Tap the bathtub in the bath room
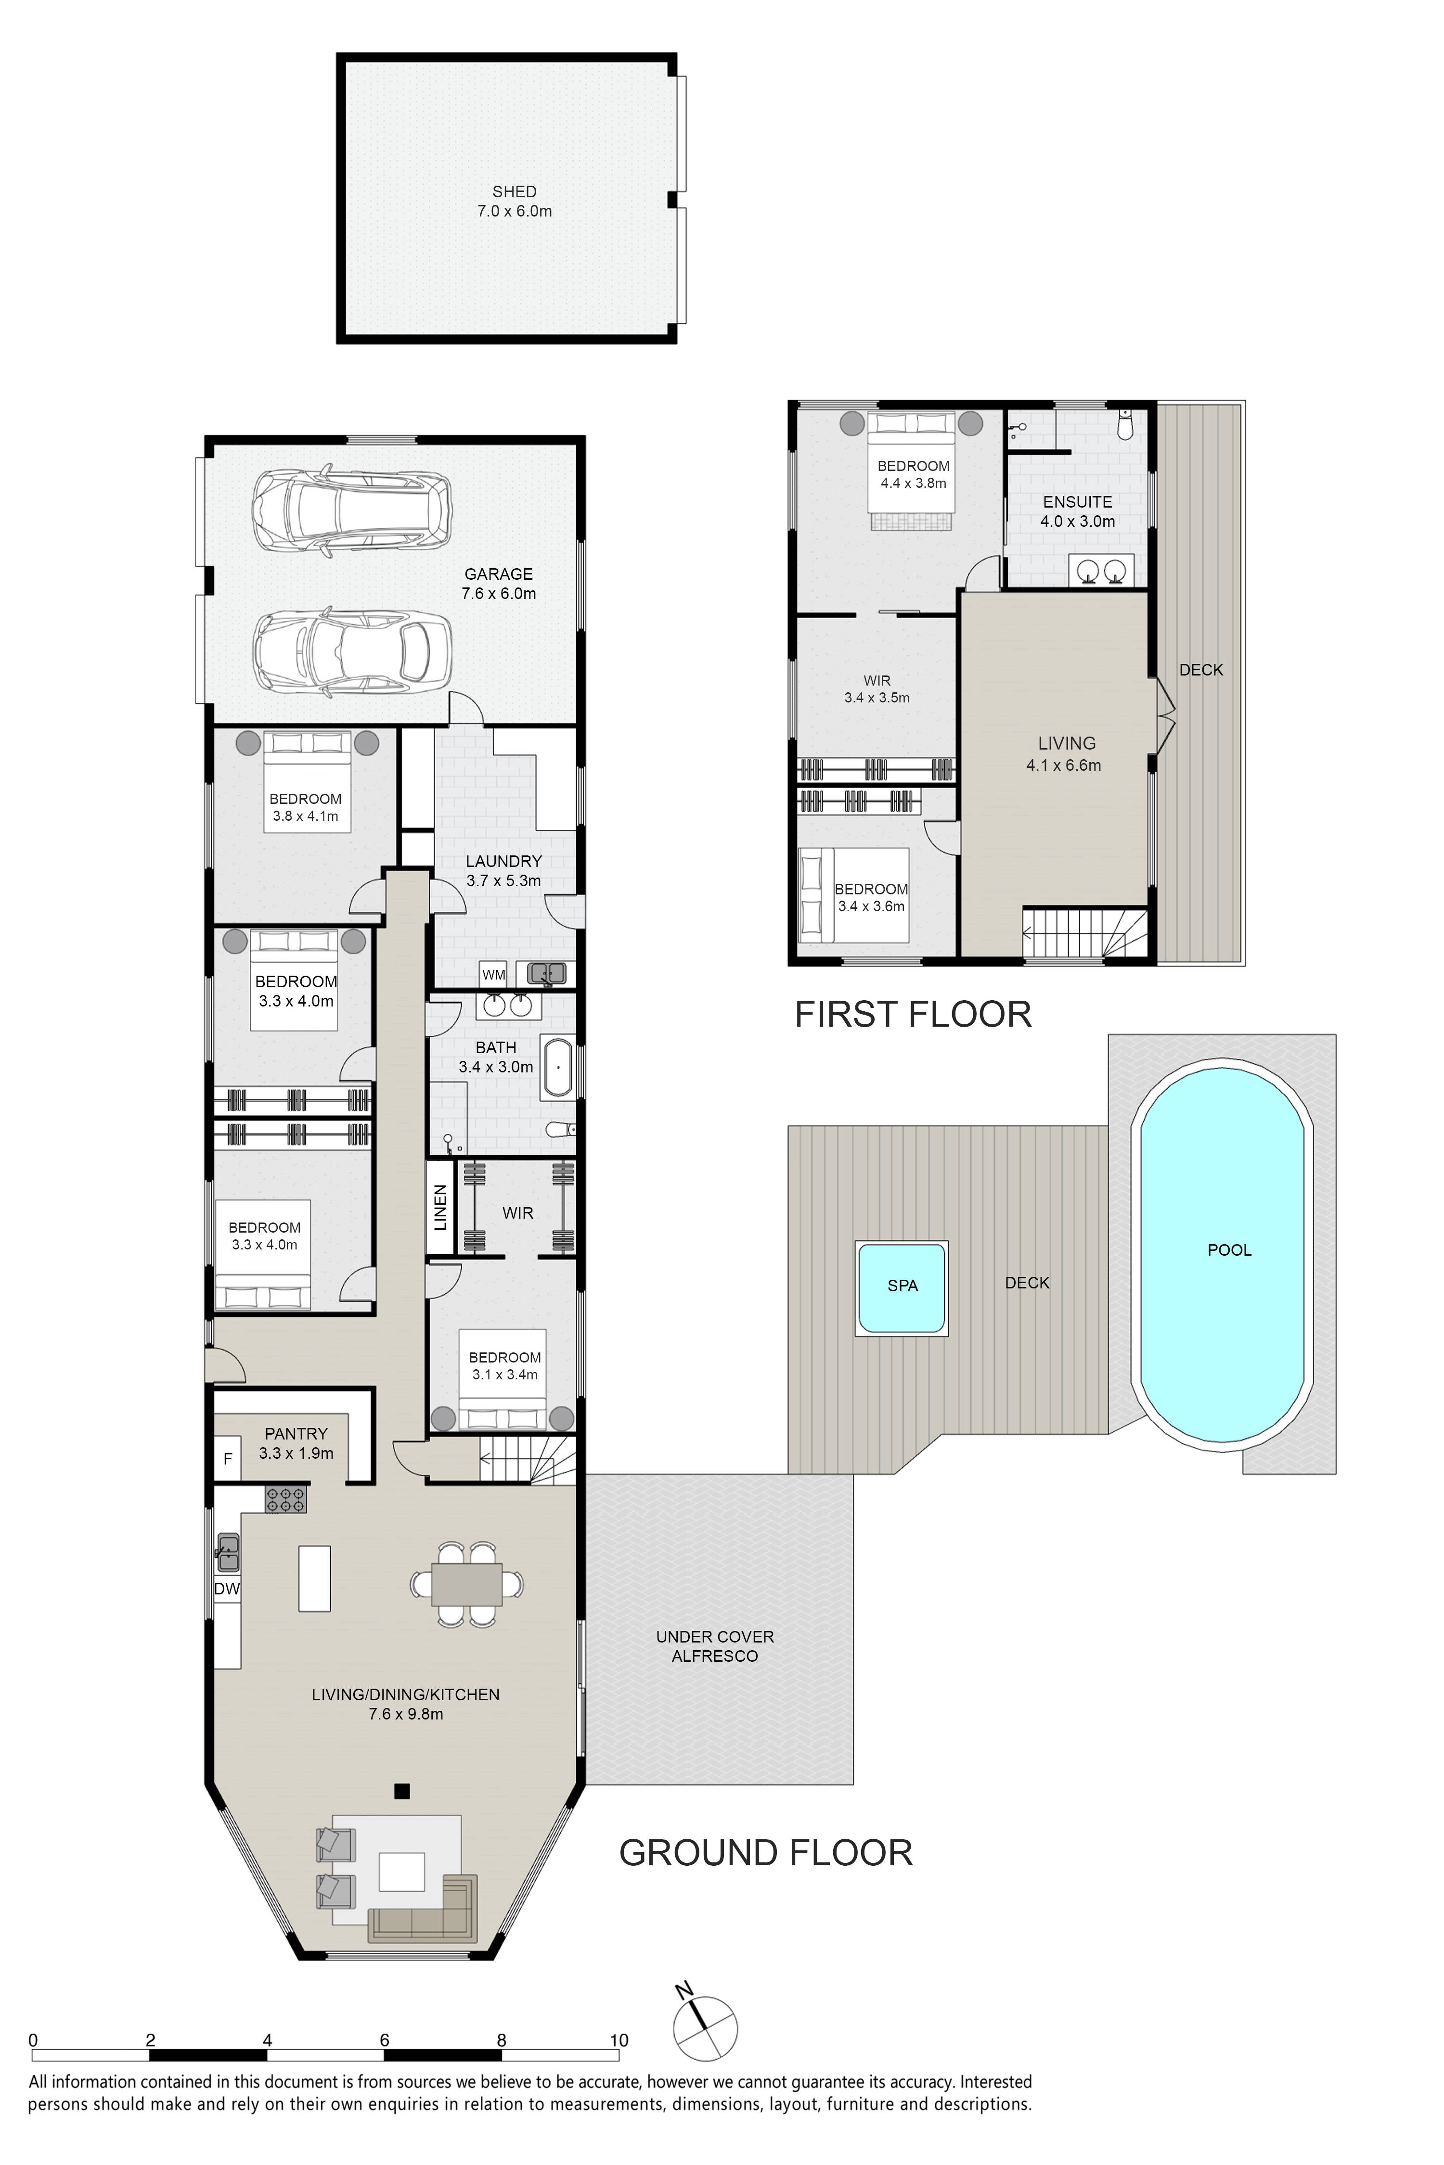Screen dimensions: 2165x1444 [x=557, y=1068]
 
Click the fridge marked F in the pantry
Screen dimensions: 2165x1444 [x=228, y=1459]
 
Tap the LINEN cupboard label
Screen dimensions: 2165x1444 [x=440, y=1208]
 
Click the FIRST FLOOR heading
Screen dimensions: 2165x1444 [x=913, y=1014]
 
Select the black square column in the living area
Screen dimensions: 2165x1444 [x=401, y=1791]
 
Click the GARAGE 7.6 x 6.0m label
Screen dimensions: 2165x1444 [x=498, y=584]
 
